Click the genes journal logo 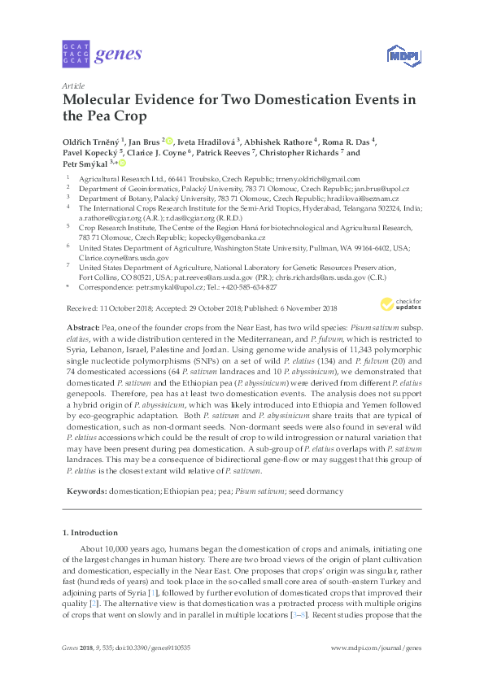click(x=102, y=55)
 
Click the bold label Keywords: click(x=85, y=492)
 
